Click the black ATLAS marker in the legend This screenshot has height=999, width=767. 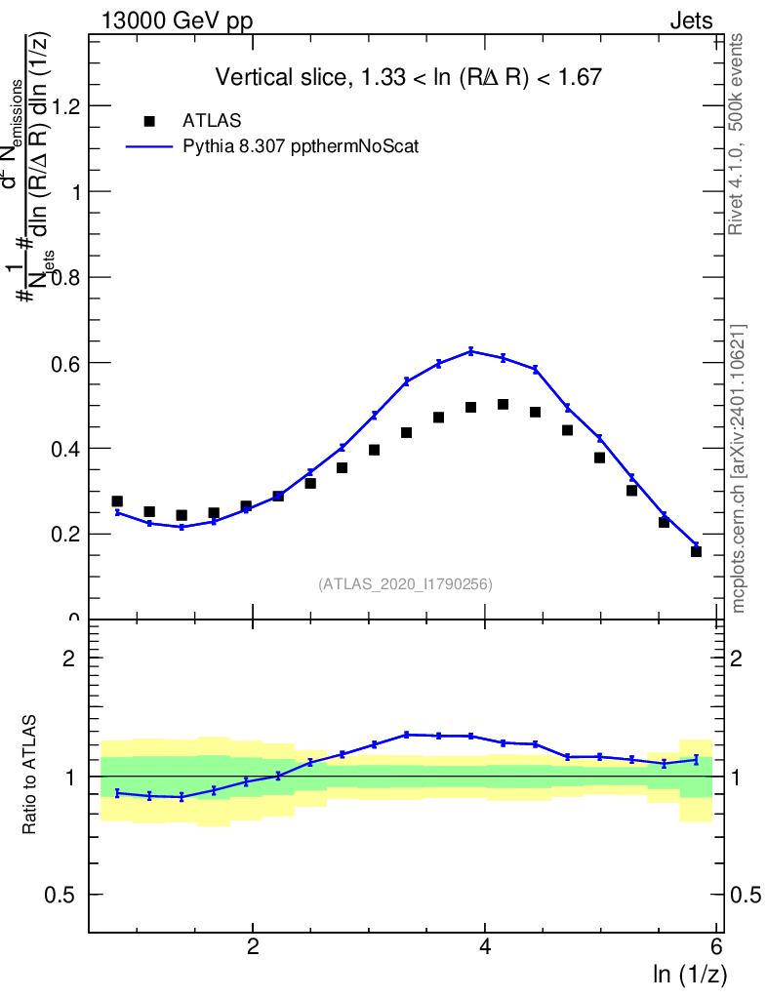pos(149,121)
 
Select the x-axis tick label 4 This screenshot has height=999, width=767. pos(485,947)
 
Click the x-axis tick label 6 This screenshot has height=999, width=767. pos(716,947)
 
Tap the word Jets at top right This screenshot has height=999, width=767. pos(691,20)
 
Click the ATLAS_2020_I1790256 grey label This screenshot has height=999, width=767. pos(405,584)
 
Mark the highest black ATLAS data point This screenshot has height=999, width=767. pos(503,404)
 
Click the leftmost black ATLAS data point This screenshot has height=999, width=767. pos(117,501)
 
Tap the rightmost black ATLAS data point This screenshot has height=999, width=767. pos(696,551)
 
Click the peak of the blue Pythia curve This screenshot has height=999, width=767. pos(471,350)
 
